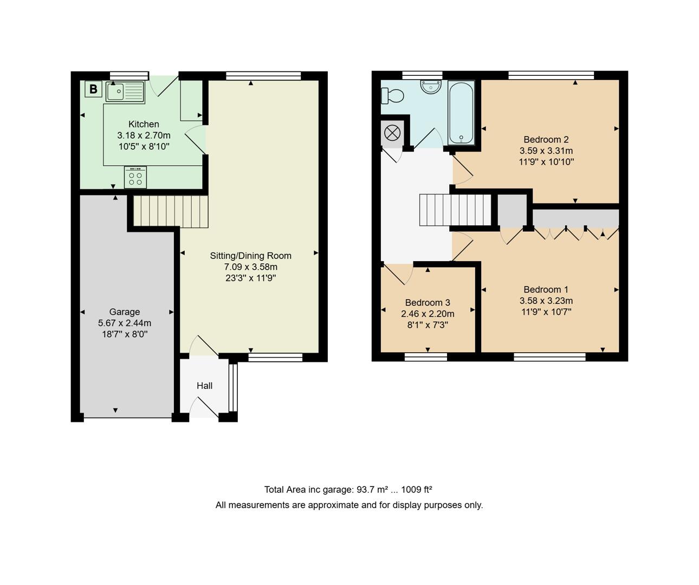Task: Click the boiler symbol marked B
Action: pyautogui.click(x=93, y=89)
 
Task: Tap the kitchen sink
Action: pyautogui.click(x=125, y=92)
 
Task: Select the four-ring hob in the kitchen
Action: pyautogui.click(x=135, y=177)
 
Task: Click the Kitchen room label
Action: pyautogui.click(x=144, y=124)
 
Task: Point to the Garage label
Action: pyautogui.click(x=125, y=311)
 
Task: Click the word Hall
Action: pyautogui.click(x=204, y=386)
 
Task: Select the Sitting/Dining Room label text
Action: pyautogui.click(x=250, y=256)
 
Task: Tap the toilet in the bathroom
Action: pyautogui.click(x=393, y=96)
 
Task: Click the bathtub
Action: pyautogui.click(x=461, y=112)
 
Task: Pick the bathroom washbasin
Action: pyautogui.click(x=431, y=87)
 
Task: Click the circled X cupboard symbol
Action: pyautogui.click(x=392, y=132)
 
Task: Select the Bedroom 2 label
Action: pyautogui.click(x=546, y=139)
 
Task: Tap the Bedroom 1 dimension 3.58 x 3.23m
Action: pyautogui.click(x=546, y=301)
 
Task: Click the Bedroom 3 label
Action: pyautogui.click(x=428, y=302)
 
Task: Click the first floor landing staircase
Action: pyautogui.click(x=455, y=210)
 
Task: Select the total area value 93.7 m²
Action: pyautogui.click(x=372, y=490)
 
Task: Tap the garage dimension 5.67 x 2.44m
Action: pyautogui.click(x=125, y=323)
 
